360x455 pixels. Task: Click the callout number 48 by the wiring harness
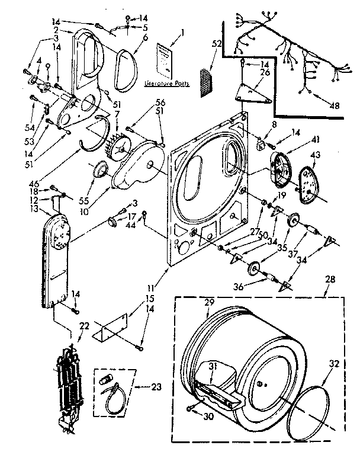[x=335, y=107]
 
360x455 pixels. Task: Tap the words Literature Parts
[x=166, y=84]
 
